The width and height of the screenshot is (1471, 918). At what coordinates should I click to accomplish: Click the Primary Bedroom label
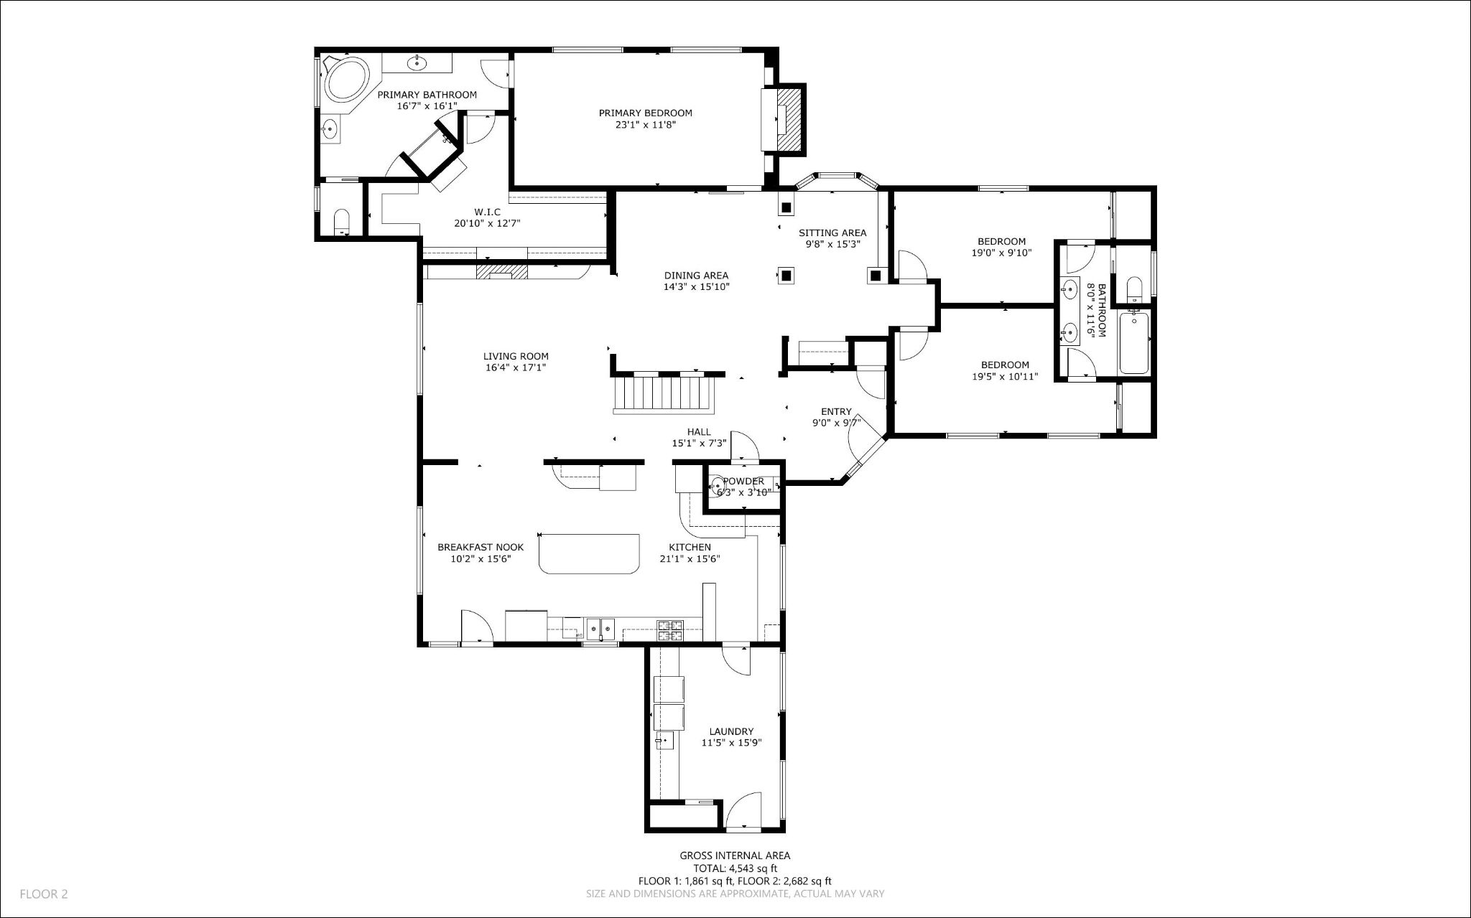(645, 113)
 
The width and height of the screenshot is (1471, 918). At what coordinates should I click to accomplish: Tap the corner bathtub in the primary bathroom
(347, 80)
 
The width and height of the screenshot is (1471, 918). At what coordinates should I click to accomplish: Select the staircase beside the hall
(664, 395)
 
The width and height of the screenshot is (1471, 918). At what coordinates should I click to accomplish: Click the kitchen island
(589, 553)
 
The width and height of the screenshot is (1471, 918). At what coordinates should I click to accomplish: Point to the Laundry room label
(731, 731)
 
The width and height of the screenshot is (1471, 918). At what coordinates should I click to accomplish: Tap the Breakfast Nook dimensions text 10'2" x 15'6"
(481, 559)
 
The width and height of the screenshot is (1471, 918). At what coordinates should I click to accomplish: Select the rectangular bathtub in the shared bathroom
(1134, 342)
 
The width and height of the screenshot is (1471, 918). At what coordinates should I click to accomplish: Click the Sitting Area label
(832, 233)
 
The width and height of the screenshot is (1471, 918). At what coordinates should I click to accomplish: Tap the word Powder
(743, 481)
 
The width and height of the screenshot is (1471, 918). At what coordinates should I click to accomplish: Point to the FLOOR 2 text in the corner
(43, 894)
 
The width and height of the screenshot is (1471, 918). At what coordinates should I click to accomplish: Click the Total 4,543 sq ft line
(735, 868)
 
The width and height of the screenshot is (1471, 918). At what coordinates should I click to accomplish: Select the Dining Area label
(696, 275)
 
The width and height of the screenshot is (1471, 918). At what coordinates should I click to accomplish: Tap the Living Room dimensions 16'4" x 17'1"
(516, 367)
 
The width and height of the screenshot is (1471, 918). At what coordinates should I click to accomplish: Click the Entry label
(836, 411)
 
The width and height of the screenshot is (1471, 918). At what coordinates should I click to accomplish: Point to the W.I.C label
(487, 212)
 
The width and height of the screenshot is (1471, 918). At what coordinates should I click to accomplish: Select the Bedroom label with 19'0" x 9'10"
(1001, 241)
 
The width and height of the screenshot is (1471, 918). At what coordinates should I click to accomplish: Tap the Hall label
(699, 431)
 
